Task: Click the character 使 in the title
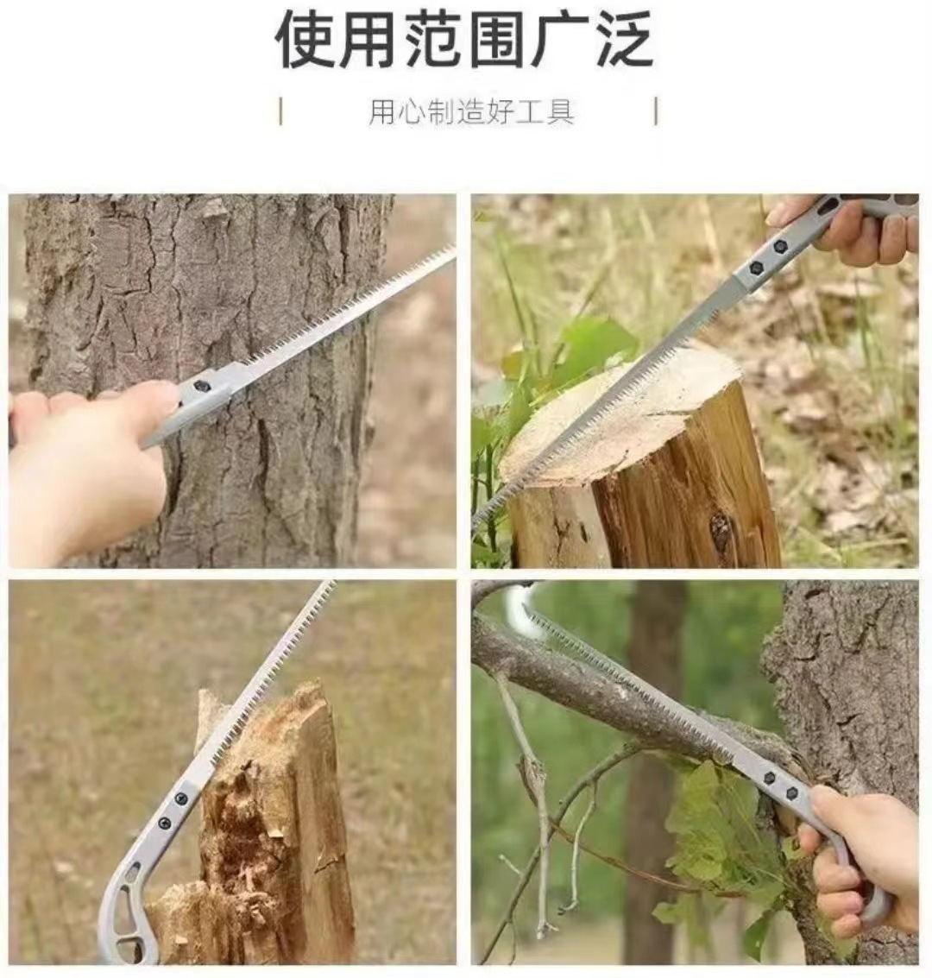[x=305, y=39]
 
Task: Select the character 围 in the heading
[x=498, y=39]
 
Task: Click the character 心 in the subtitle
[x=412, y=112]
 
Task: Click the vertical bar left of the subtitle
[x=281, y=111]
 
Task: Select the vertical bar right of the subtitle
[x=657, y=111]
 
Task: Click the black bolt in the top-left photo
[x=201, y=387]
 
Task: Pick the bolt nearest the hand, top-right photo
[x=780, y=247]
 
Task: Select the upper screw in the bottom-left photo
[x=181, y=799]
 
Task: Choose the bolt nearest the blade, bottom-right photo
[x=769, y=778]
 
